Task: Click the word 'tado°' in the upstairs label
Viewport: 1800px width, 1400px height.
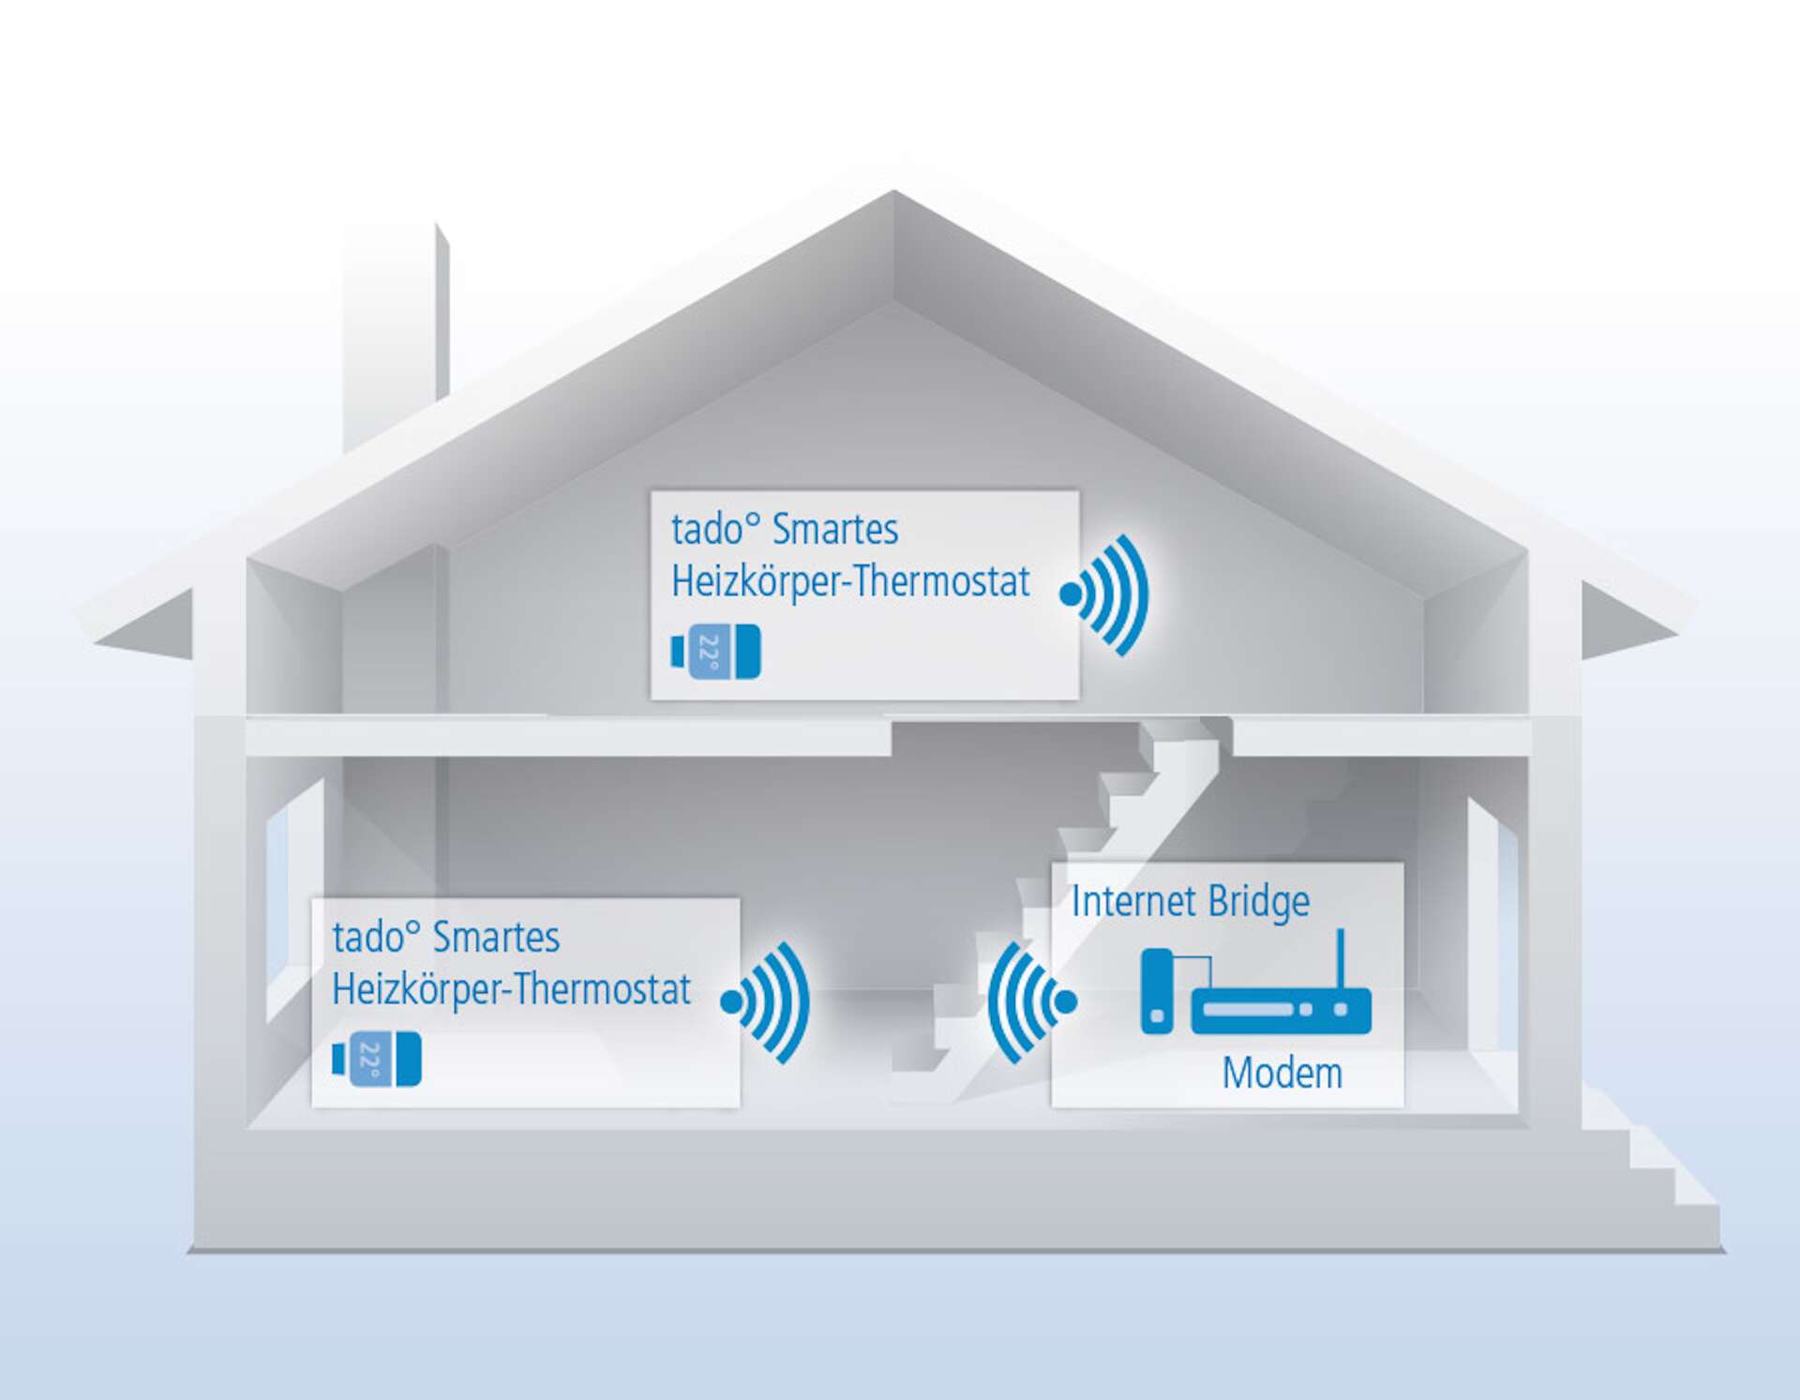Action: [x=713, y=530]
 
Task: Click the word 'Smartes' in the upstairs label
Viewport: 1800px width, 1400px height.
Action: [x=834, y=530]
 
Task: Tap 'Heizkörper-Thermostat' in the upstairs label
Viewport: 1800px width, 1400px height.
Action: [x=850, y=582]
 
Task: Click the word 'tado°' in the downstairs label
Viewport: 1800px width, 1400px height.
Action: [x=375, y=938]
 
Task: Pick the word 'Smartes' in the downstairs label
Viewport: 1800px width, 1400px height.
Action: [x=496, y=938]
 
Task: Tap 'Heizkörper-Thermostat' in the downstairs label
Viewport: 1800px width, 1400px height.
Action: [x=511, y=990]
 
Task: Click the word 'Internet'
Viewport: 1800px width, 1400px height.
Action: [x=1133, y=902]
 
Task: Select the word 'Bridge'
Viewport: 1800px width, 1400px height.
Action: [x=1258, y=902]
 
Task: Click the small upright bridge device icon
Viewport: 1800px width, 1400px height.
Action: [x=1157, y=991]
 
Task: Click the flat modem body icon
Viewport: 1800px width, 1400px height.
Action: [x=1281, y=1011]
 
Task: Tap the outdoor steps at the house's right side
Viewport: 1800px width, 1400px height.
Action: [x=1650, y=1163]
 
